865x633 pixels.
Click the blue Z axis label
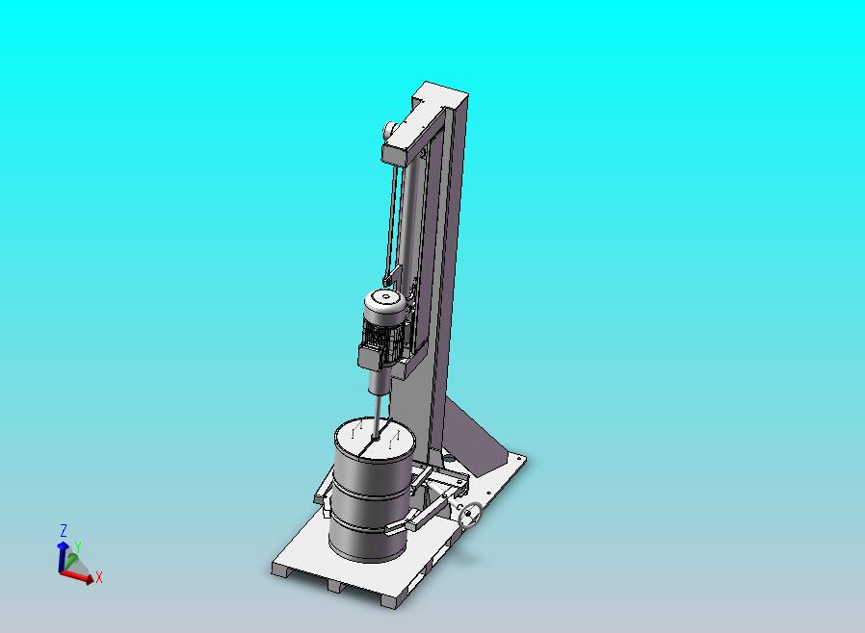point(64,530)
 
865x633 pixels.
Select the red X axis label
point(99,577)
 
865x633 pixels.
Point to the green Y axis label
point(78,547)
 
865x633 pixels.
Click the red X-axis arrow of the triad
point(77,575)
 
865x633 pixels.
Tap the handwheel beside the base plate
point(470,515)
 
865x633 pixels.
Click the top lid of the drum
point(375,439)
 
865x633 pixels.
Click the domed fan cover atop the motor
point(385,302)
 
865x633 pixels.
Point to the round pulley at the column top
point(389,130)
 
